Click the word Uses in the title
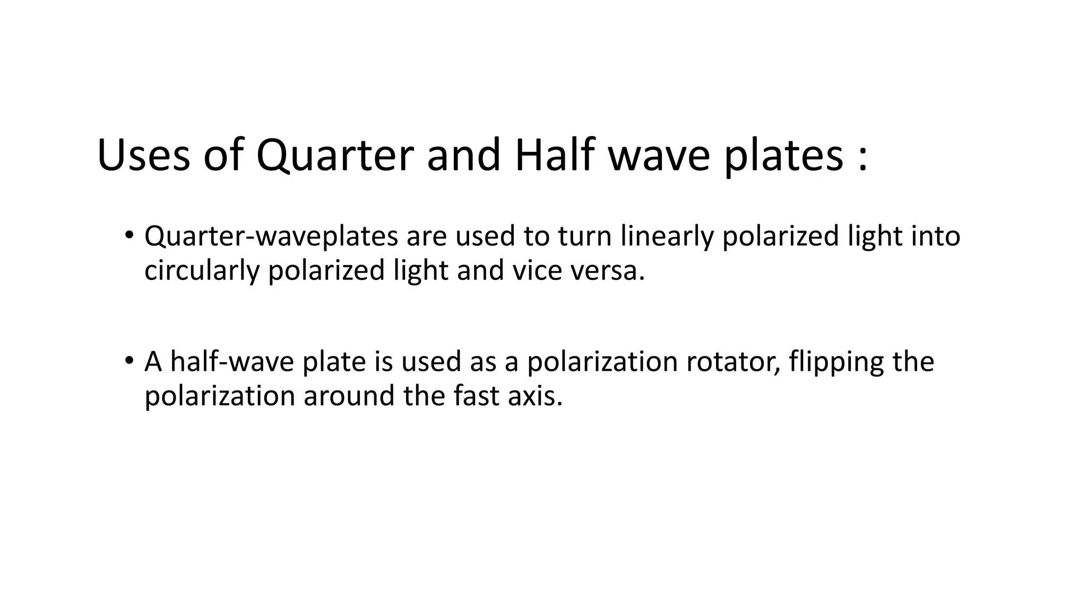point(143,155)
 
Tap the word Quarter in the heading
point(334,155)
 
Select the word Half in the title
point(554,155)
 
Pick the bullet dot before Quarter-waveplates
point(128,235)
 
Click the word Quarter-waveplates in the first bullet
point(271,236)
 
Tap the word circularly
point(202,271)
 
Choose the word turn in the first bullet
point(584,236)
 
